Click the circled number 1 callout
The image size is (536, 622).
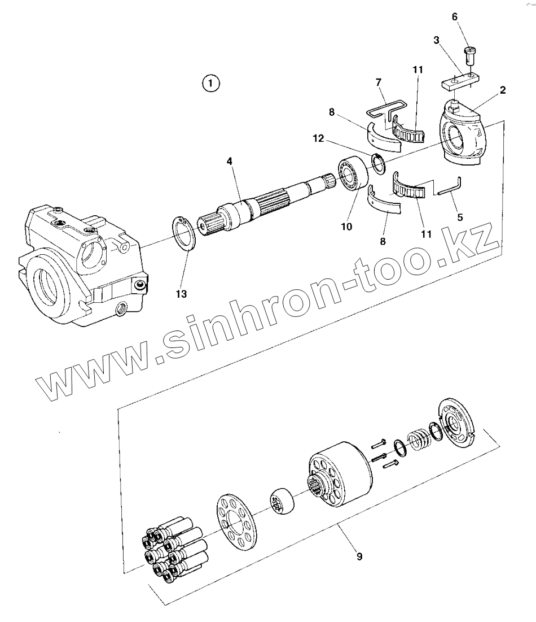pyautogui.click(x=210, y=84)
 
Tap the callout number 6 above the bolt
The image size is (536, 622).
pyautogui.click(x=455, y=16)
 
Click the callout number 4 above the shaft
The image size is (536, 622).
pyautogui.click(x=230, y=161)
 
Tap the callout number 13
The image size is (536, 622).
pyautogui.click(x=181, y=294)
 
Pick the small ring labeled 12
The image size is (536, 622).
pyautogui.click(x=378, y=163)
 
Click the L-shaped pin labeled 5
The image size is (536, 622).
pyautogui.click(x=450, y=189)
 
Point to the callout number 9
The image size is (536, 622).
pyautogui.click(x=359, y=556)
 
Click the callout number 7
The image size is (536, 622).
pyautogui.click(x=379, y=83)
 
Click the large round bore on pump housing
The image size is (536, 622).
pyautogui.click(x=45, y=282)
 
